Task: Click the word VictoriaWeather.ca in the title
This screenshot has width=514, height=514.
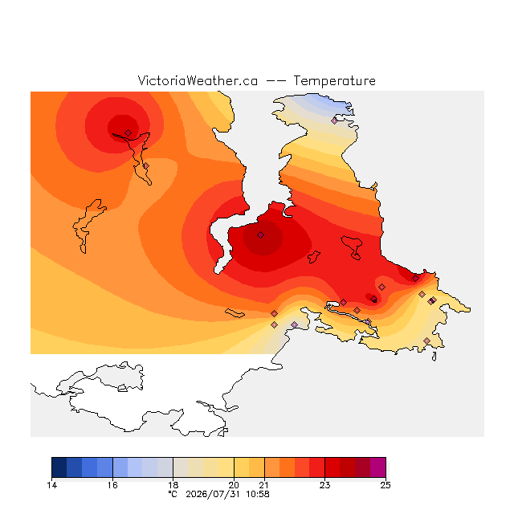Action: [198, 80]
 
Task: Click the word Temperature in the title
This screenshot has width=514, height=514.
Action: [334, 80]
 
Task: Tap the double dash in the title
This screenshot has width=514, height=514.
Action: [275, 80]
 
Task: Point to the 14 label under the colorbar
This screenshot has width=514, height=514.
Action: [51, 485]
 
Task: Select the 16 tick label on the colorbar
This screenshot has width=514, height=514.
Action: [112, 485]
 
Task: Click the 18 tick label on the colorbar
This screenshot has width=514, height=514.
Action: [173, 485]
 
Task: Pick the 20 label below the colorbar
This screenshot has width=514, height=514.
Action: [234, 485]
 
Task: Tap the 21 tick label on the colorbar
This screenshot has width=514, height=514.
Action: [264, 485]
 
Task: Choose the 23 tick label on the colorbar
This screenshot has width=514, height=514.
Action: [324, 485]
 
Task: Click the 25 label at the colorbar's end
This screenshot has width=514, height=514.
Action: [385, 485]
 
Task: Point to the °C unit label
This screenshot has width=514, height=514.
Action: [173, 494]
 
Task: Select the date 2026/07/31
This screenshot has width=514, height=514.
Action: [213, 494]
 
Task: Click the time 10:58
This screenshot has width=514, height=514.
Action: [258, 494]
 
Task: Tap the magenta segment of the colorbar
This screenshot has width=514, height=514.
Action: [378, 467]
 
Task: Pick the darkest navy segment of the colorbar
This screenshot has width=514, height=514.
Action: [59, 467]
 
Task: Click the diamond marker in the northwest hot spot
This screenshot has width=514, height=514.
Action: [128, 133]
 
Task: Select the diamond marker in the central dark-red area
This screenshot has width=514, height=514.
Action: [260, 235]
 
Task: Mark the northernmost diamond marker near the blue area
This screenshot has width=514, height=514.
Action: [334, 120]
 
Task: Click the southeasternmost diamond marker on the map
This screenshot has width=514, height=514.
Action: [426, 341]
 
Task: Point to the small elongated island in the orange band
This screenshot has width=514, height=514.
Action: [235, 313]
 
